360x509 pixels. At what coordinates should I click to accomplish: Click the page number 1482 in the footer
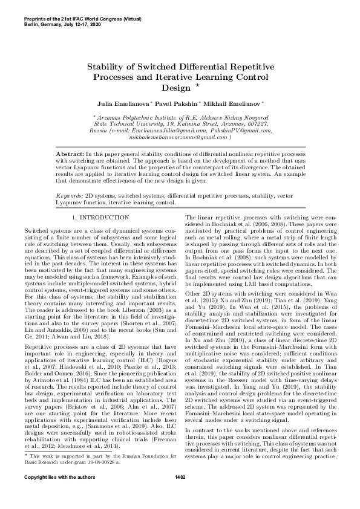[x=180, y=494]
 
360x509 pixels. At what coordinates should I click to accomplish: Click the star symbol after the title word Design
[x=190, y=85]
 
